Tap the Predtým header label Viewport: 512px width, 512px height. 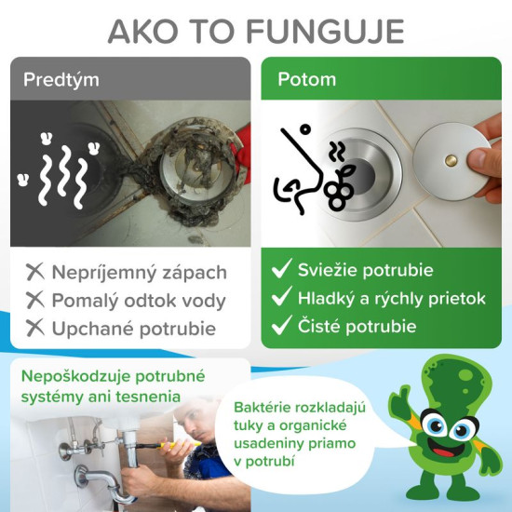click(62, 78)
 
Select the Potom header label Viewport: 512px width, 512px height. click(306, 78)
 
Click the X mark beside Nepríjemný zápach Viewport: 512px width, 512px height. click(35, 273)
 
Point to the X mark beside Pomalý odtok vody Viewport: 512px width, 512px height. click(35, 301)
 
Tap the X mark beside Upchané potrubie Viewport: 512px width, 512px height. click(35, 328)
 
